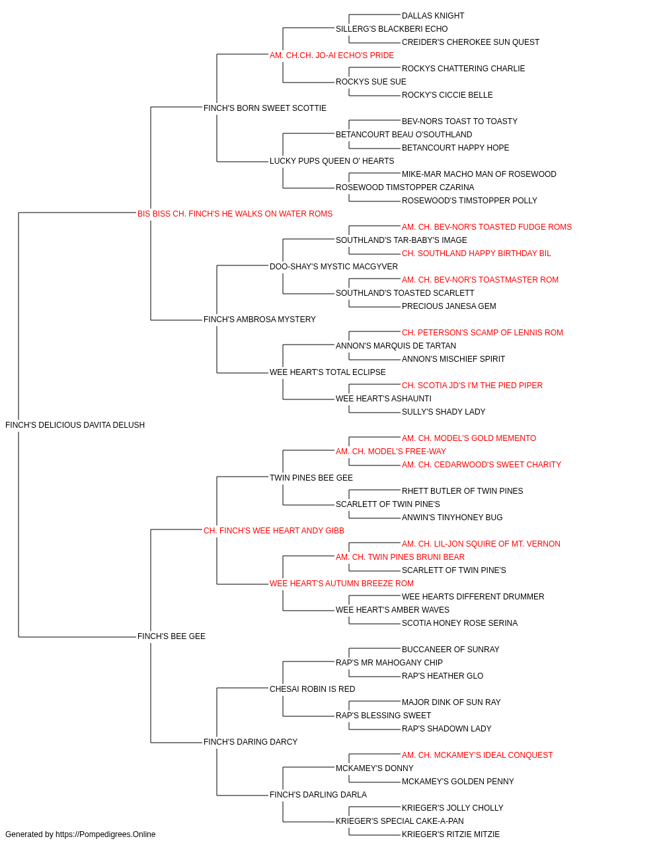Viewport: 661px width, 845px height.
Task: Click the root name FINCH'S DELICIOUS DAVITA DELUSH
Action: point(75,425)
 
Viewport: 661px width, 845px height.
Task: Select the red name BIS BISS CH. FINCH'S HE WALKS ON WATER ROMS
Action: point(235,214)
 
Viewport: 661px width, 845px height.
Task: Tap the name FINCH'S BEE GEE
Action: point(171,636)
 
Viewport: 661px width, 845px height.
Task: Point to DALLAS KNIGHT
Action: point(433,16)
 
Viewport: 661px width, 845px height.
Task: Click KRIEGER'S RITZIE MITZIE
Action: point(451,834)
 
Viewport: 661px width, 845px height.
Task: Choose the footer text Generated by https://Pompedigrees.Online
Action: point(80,834)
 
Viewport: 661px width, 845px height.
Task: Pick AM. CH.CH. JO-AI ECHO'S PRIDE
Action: point(332,55)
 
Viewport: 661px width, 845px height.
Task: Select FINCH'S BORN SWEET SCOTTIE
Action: point(264,108)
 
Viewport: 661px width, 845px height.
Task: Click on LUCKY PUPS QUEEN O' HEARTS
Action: point(332,161)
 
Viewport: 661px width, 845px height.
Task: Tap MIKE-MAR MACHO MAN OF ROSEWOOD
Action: point(479,174)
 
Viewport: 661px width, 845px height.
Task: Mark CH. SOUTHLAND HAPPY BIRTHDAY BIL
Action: point(476,253)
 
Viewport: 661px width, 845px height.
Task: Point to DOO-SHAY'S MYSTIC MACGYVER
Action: point(334,267)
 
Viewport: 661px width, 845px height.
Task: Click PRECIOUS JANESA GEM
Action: point(449,306)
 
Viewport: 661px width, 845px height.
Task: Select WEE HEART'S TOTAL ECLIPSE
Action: point(327,372)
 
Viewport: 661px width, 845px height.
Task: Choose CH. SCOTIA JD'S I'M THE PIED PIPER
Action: point(472,386)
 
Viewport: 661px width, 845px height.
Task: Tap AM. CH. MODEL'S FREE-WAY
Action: point(391,452)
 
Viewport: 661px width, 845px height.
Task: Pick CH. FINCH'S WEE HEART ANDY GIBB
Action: point(274,531)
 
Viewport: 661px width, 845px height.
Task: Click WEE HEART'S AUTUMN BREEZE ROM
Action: point(341,584)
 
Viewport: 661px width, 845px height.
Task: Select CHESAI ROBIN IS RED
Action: point(312,689)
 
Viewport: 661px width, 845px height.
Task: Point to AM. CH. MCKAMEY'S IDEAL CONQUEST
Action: point(477,755)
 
